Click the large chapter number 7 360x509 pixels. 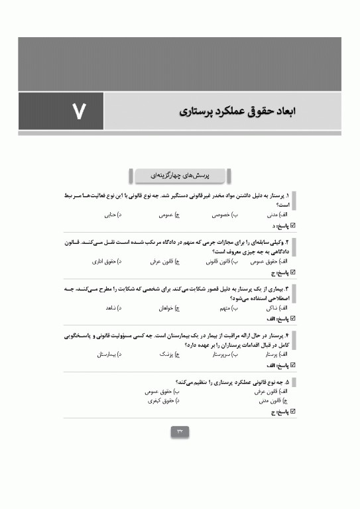pos(79,111)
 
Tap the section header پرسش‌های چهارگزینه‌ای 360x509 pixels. pos(180,176)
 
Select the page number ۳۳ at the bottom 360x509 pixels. pos(180,432)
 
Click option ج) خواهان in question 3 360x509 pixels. pos(170,309)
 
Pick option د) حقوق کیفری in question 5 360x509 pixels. pos(163,401)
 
